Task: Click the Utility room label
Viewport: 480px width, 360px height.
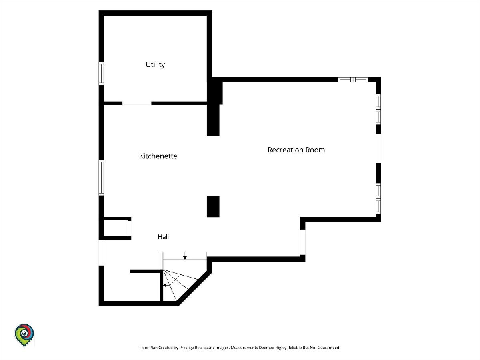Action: (x=155, y=65)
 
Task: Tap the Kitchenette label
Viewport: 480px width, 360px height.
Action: (x=158, y=156)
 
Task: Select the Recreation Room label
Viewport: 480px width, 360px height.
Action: (x=296, y=150)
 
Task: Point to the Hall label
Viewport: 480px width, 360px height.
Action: (x=163, y=237)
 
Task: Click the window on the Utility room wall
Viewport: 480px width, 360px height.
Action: (x=101, y=74)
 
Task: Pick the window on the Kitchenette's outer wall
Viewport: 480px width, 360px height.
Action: (x=101, y=178)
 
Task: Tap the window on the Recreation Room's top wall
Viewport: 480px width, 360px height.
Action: (x=353, y=80)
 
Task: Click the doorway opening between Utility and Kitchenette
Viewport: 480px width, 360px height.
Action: (x=137, y=103)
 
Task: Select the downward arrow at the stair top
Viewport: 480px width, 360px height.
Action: (x=185, y=256)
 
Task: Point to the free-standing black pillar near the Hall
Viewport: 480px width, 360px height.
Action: (x=213, y=206)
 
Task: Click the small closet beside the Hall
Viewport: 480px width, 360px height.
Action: (x=116, y=228)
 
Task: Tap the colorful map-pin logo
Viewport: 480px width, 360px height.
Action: (x=24, y=335)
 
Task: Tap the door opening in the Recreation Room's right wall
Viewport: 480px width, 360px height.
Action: (x=378, y=148)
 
